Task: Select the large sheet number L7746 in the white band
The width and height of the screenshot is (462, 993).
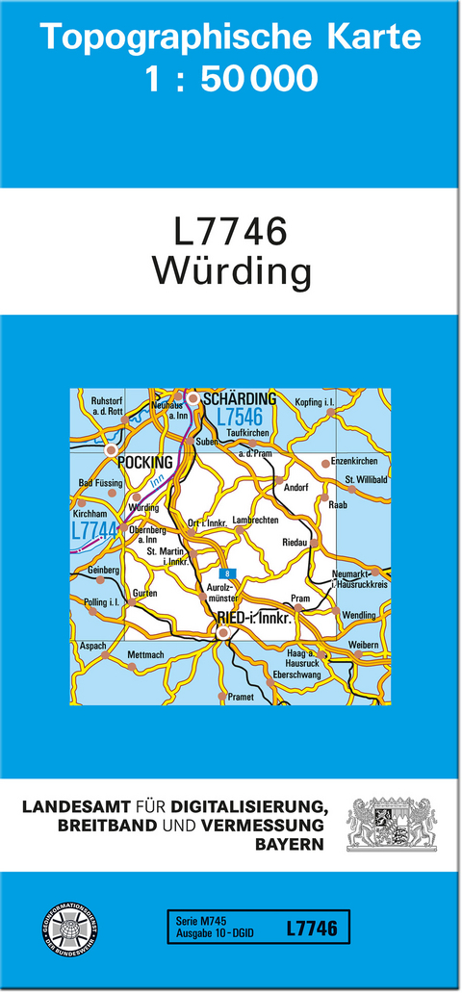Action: coord(231,234)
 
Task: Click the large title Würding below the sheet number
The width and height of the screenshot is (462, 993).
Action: coord(231,273)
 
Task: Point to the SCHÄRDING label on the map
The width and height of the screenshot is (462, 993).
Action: coord(239,398)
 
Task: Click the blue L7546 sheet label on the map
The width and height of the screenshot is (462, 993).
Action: coord(241,418)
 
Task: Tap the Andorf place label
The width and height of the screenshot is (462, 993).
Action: coord(296,487)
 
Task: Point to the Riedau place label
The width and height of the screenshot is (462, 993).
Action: coord(295,542)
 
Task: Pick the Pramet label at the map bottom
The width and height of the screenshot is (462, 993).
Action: coord(241,697)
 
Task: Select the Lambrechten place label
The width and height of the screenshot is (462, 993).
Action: coord(255,520)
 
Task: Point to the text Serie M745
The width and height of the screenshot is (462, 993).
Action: coord(200,921)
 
